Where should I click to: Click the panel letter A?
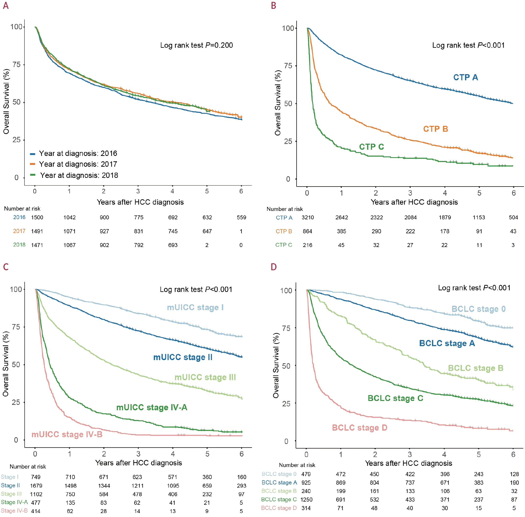click(x=6, y=6)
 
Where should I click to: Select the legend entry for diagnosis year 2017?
click(x=78, y=164)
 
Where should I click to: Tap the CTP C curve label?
click(x=371, y=147)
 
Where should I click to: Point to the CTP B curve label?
click(x=435, y=129)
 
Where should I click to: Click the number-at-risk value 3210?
click(x=307, y=218)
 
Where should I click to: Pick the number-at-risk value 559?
click(x=241, y=218)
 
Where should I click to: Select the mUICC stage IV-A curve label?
click(x=152, y=408)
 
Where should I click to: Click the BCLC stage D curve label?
click(x=359, y=428)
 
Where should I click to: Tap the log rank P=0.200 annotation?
click(x=196, y=45)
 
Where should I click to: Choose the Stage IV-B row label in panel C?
click(x=14, y=511)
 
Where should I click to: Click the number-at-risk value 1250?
click(x=306, y=500)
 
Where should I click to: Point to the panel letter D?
click(x=273, y=267)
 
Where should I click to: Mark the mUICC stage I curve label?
click(x=195, y=308)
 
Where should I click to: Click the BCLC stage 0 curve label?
click(x=478, y=309)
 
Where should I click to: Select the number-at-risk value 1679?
click(x=36, y=485)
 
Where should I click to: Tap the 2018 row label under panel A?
click(x=19, y=245)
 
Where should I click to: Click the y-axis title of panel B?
click(x=278, y=103)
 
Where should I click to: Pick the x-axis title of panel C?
click(x=139, y=463)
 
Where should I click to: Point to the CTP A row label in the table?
click(x=284, y=218)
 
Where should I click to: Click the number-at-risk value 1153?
click(x=478, y=218)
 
